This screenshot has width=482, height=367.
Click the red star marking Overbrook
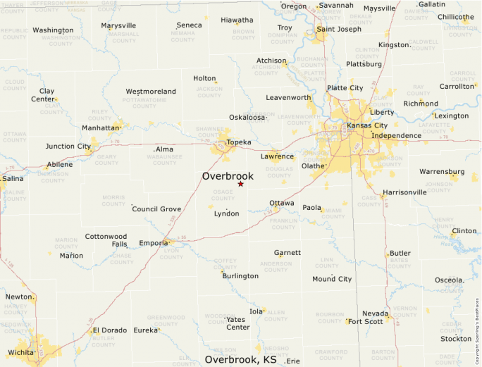pos(240,184)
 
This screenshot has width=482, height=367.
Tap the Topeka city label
pos(239,142)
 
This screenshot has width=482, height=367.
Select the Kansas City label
pos(367,125)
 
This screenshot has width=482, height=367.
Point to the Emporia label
pos(154,243)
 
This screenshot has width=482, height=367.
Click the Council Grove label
pos(156,209)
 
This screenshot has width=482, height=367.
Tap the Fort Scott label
pos(365,322)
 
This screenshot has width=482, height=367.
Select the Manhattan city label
pos(100,128)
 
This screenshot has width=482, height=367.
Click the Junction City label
pos(68,147)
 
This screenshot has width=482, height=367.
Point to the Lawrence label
pos(277,156)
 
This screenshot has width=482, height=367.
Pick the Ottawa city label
pos(282,203)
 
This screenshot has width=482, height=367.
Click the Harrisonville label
pos(404,192)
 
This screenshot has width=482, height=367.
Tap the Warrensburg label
pos(442,171)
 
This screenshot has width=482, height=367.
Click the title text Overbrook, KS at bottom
pos(240,359)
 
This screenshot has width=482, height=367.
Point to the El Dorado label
pos(109,330)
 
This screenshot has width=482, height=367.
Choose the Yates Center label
pos(238,323)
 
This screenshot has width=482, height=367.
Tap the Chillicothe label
pos(455,17)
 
